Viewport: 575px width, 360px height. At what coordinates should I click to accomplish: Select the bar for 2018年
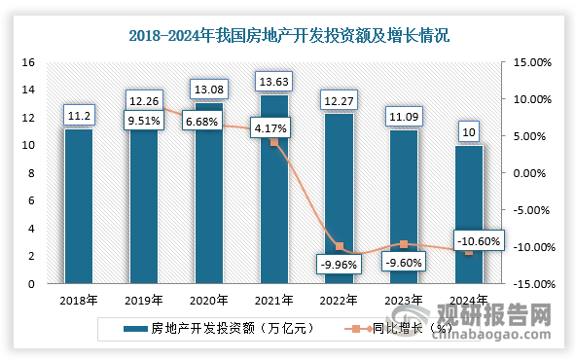pos(78,209)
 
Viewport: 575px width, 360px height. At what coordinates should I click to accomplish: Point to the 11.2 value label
pos(78,116)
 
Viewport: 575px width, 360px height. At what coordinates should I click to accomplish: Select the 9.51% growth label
pos(143,122)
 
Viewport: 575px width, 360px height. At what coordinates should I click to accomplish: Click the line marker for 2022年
pos(340,247)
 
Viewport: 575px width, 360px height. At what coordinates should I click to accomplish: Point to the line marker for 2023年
pos(404,244)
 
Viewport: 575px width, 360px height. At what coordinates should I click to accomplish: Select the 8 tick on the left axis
pos(31,173)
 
